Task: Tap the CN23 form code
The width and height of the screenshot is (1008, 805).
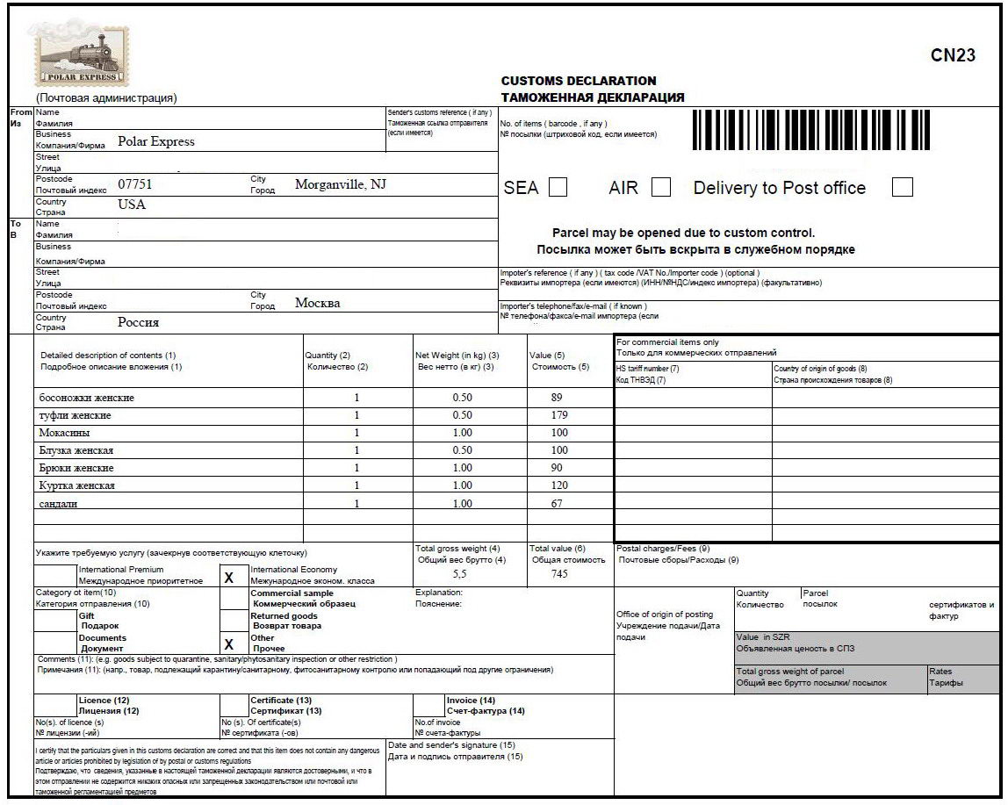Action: pos(953,55)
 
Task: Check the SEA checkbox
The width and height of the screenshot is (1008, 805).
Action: pos(558,187)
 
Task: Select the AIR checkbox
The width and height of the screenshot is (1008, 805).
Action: pos(661,187)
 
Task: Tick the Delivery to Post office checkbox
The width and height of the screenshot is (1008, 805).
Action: pos(902,187)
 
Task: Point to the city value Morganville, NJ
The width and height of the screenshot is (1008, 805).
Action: pos(341,184)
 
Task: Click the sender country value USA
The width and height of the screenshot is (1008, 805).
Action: pos(132,205)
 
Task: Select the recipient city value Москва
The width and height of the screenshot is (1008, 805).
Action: pos(317,303)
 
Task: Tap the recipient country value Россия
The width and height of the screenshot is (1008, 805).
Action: pos(138,322)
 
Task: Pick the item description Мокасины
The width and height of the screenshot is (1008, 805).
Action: pos(64,433)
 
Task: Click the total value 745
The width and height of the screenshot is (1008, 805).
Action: pos(559,573)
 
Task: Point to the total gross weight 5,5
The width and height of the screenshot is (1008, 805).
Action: pos(460,573)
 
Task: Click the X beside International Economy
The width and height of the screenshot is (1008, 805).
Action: pos(229,577)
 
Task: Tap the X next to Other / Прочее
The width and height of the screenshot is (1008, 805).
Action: pos(229,643)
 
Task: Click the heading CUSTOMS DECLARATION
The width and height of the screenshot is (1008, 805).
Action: pos(578,81)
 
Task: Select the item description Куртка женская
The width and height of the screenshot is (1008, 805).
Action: pos(76,485)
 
